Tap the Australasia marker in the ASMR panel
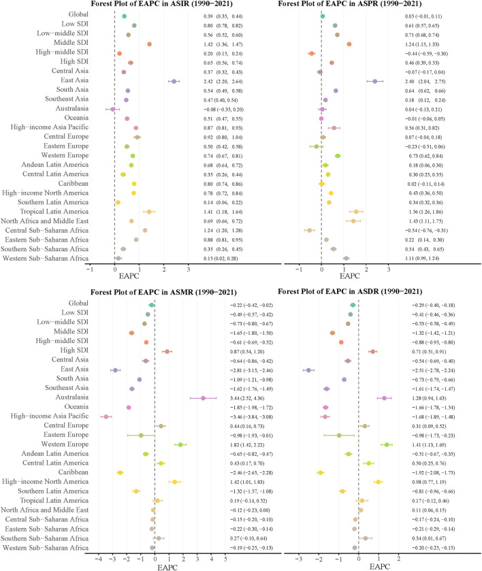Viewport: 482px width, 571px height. point(203,398)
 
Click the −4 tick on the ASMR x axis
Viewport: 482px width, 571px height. point(99,560)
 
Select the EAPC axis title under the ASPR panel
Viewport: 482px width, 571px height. point(349,277)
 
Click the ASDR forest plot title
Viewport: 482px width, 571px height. point(363,293)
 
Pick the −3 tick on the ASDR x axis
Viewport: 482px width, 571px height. point(299,560)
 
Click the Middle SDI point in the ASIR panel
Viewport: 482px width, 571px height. point(149,44)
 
